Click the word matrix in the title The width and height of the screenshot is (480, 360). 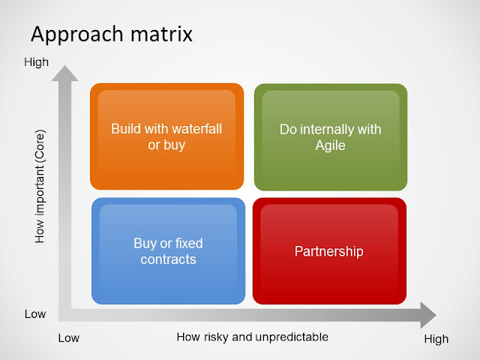coord(163,34)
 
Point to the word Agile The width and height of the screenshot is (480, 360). coord(330,145)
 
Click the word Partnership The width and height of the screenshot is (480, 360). coord(330,251)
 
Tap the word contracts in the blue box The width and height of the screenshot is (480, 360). coord(169,259)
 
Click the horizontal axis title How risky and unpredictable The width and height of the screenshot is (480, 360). coord(252,337)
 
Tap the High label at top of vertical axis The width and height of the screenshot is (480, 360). coord(37,63)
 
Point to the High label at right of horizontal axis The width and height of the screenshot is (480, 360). coord(436,339)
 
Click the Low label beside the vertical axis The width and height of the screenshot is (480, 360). coord(35,314)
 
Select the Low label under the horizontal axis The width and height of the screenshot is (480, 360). coord(68,338)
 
